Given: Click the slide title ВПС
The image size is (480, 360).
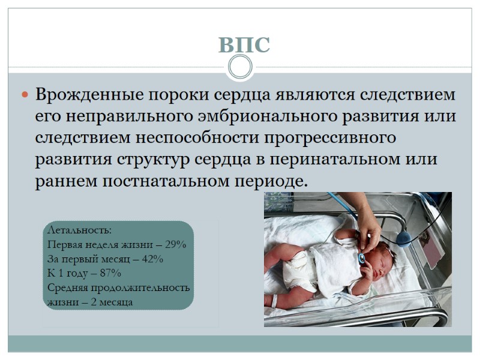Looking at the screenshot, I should click(244, 45).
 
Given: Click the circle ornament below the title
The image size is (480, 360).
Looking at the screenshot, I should click(240, 67).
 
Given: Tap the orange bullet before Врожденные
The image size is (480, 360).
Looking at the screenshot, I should click(25, 95).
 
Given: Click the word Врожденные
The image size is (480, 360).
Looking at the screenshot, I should click(86, 95).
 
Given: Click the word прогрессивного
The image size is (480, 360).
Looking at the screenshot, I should click(330, 137).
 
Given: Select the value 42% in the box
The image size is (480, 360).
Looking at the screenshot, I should click(150, 259).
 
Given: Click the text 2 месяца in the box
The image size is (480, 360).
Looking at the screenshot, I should click(112, 302).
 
